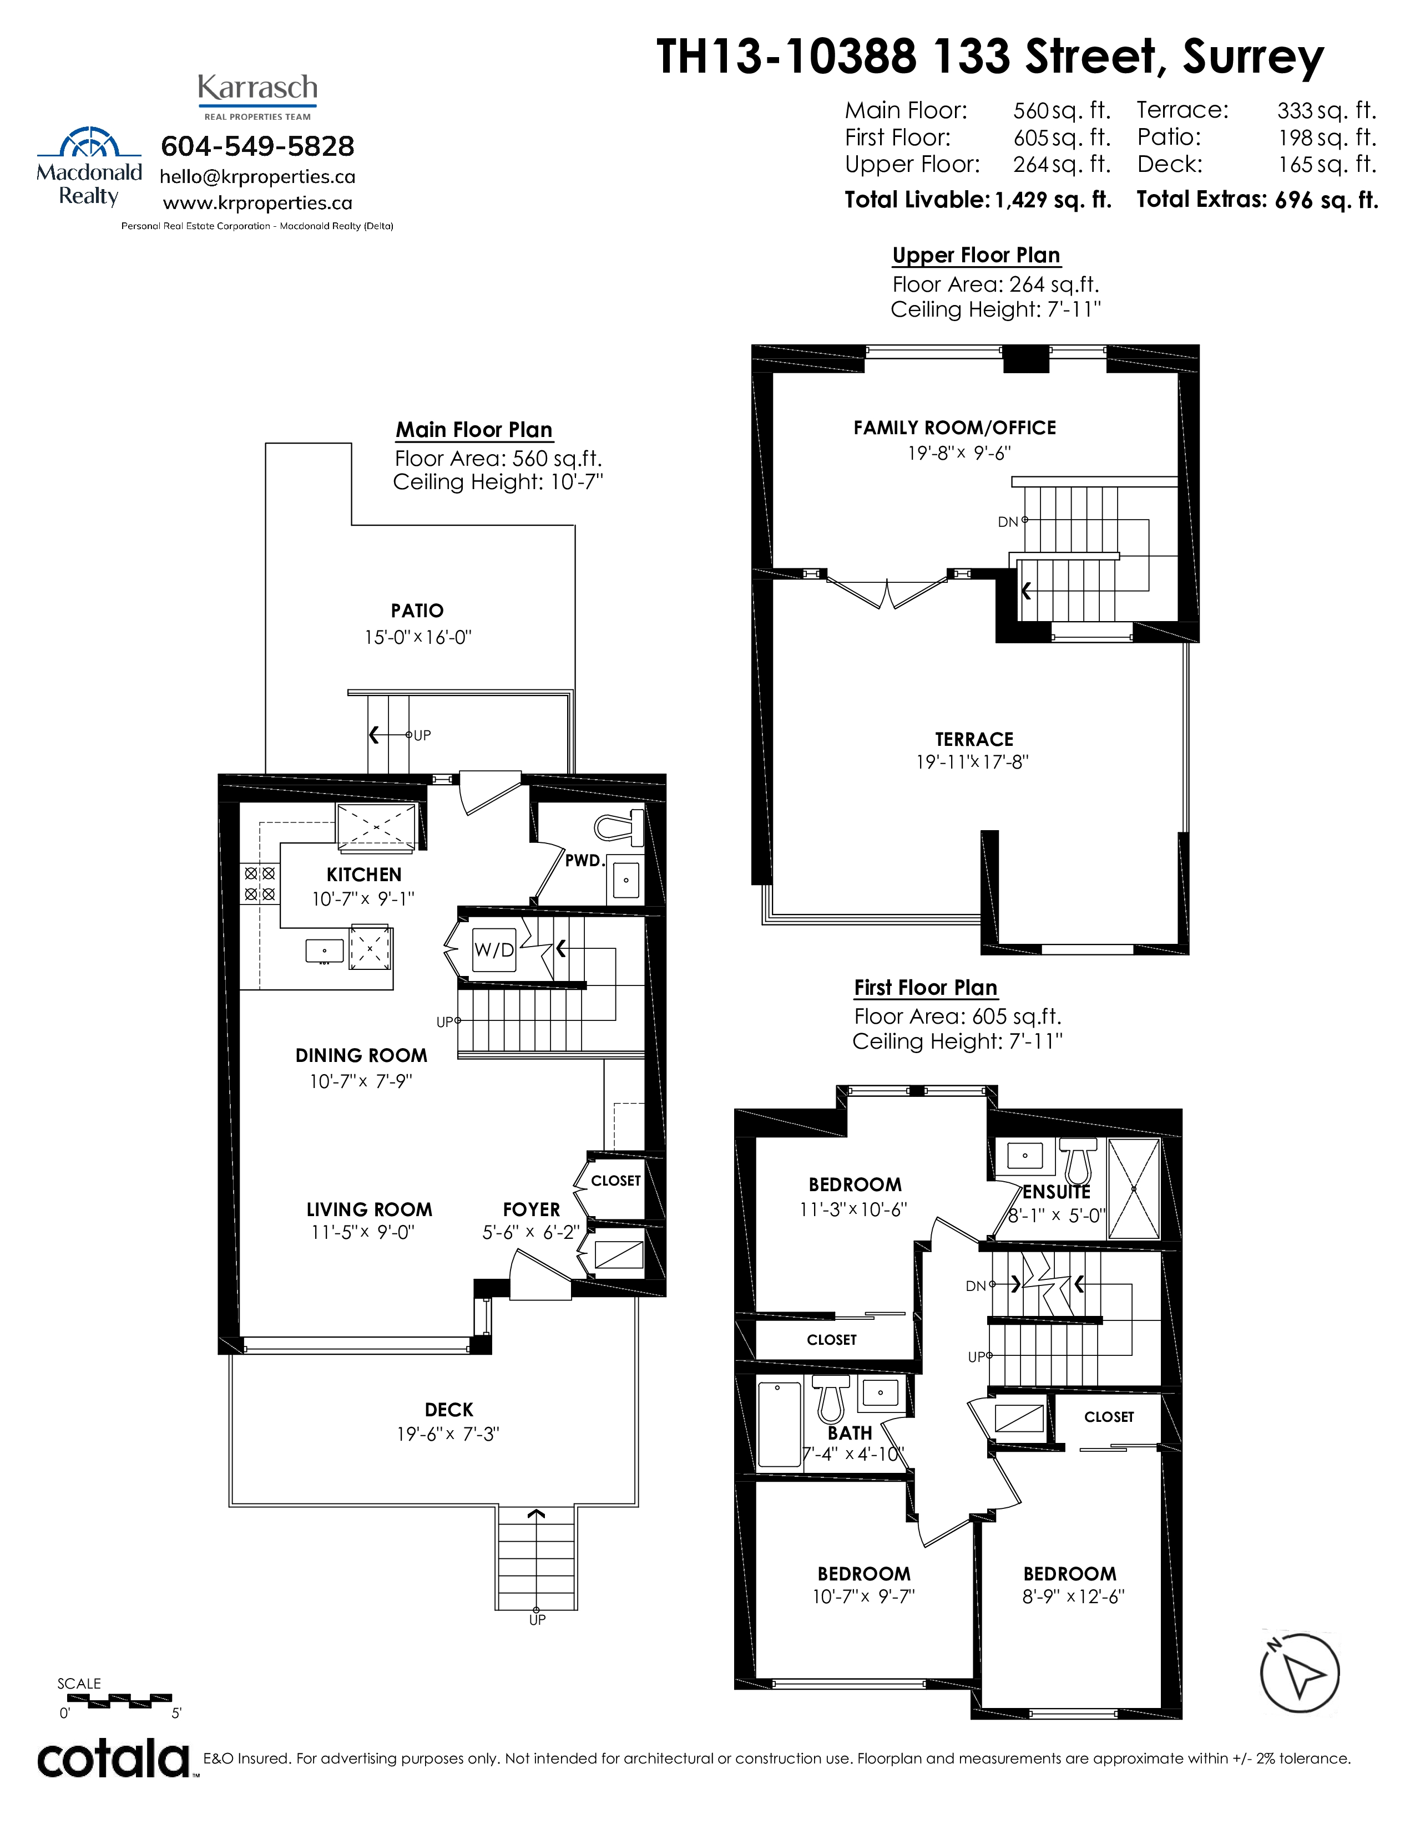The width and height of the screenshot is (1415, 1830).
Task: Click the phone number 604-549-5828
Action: (x=257, y=146)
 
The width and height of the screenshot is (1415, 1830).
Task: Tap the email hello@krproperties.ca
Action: (x=257, y=177)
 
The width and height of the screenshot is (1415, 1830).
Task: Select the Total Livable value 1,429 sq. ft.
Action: (x=1053, y=200)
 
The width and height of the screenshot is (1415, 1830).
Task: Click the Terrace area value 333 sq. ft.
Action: (x=1327, y=110)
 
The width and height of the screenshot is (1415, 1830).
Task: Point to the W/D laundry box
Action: (x=494, y=949)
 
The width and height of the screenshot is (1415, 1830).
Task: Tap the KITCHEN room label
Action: (x=364, y=875)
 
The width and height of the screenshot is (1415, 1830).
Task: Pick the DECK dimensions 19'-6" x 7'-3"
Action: (x=448, y=1433)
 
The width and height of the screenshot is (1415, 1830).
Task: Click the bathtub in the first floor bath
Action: (x=779, y=1424)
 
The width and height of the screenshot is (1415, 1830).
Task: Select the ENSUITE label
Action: (x=1056, y=1192)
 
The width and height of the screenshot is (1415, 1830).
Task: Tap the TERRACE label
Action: (x=974, y=739)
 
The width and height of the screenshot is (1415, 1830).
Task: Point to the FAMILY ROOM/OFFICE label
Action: (x=955, y=428)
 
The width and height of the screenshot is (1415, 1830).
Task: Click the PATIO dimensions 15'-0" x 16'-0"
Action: (x=417, y=637)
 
